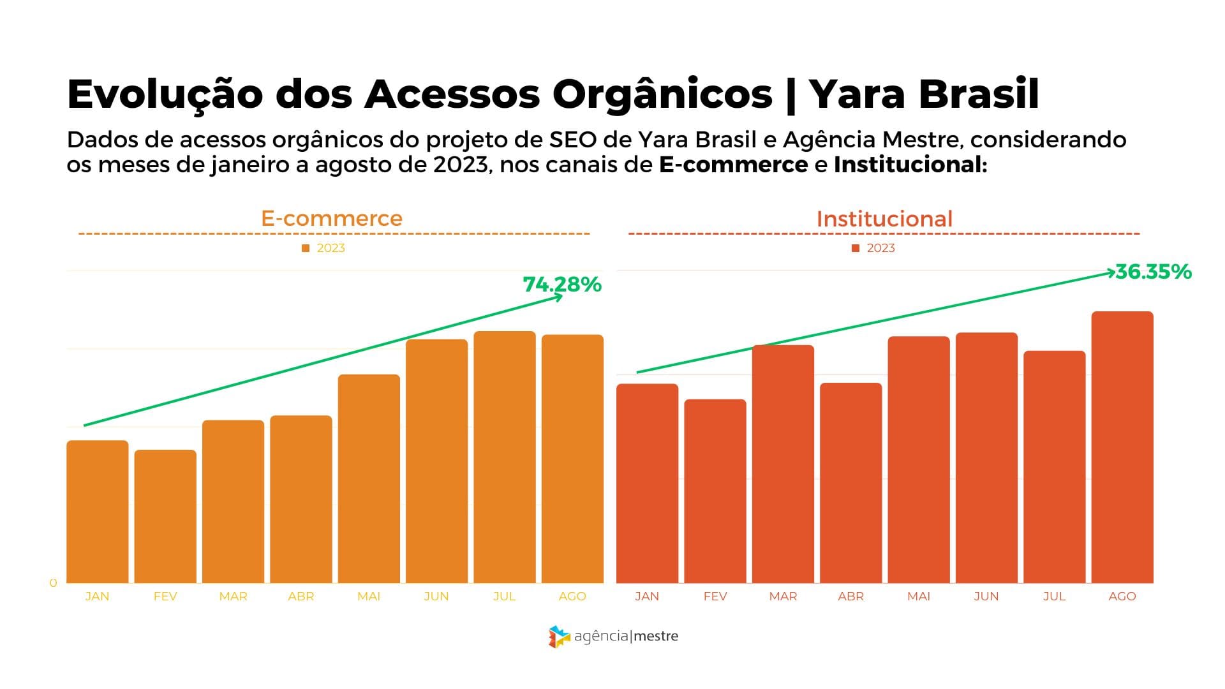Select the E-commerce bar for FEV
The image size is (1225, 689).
[165, 516]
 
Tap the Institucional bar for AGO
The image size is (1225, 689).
[1122, 447]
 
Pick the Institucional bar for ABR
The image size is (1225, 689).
[850, 482]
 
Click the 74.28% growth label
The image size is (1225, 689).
[562, 285]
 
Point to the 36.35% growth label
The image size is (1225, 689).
[1154, 272]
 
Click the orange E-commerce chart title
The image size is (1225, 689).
[332, 218]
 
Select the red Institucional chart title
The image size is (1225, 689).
[884, 219]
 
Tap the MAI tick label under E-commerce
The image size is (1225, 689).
[369, 596]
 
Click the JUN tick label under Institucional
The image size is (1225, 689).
[986, 596]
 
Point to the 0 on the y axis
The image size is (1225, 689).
[53, 583]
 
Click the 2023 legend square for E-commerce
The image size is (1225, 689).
[306, 248]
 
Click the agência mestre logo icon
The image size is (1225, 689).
[559, 637]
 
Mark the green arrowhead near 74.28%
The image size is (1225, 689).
[559, 297]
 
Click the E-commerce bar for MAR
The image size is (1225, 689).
[233, 501]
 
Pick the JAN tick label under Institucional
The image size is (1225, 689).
[647, 596]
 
